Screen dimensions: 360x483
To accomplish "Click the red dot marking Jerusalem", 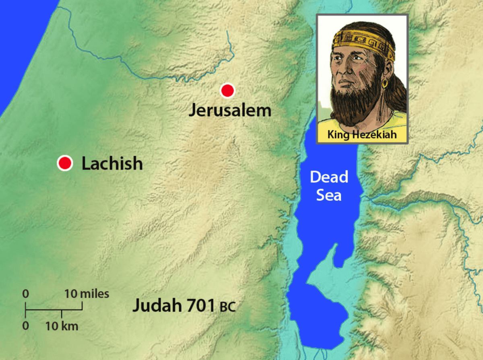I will point(227,91).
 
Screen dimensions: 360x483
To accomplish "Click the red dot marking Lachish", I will point(65,163).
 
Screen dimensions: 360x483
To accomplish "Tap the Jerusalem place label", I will point(230,110).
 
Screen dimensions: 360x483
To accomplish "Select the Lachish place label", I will point(112,164).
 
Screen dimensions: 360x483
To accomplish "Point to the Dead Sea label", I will point(329,186).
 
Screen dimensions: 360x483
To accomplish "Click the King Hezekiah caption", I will point(362,135).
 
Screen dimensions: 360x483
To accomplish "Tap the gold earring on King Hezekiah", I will point(385,84).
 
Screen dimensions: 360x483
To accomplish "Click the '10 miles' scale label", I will point(87,294).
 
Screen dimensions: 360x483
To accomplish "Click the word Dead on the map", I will point(329,177).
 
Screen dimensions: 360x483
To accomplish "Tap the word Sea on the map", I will point(329,195).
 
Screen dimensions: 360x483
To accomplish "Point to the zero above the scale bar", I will point(26,294).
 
